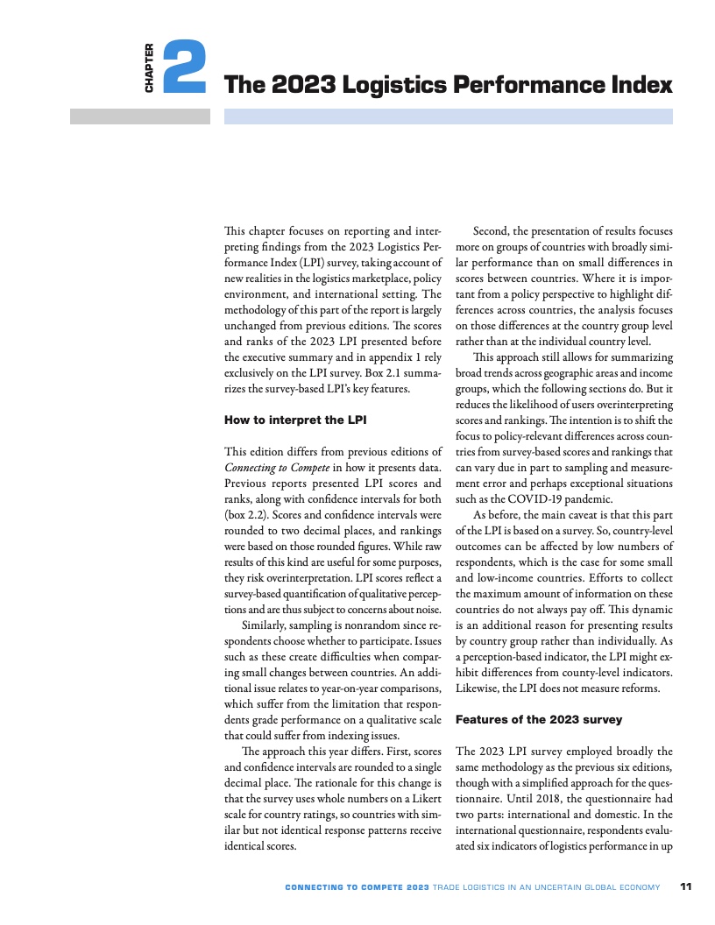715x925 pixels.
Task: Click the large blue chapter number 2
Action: [x=184, y=67]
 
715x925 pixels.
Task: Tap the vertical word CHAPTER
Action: [x=150, y=68]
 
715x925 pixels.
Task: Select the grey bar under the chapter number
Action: [x=140, y=117]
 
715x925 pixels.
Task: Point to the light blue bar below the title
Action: [x=448, y=117]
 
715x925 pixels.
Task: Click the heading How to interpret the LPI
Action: [x=295, y=420]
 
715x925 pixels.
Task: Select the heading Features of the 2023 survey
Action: [x=539, y=719]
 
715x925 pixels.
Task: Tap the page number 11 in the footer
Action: [x=686, y=887]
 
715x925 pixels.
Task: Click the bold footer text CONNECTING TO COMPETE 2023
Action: [x=357, y=887]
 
